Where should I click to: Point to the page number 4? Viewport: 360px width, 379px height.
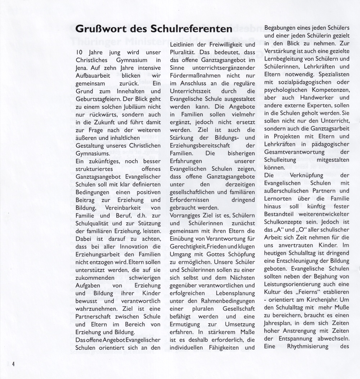(x=13, y=363)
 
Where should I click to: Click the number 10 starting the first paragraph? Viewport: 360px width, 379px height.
(x=79, y=53)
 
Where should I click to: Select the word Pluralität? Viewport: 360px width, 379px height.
(x=185, y=53)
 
